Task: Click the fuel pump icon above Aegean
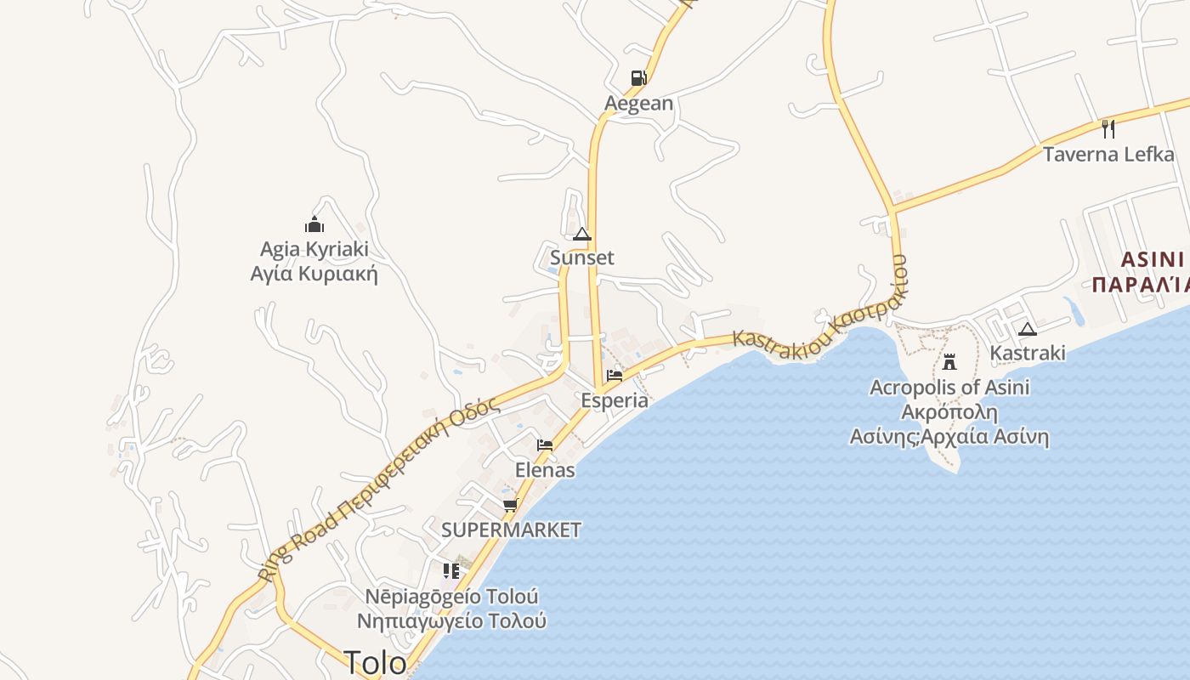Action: pos(638,78)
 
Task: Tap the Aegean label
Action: pos(638,104)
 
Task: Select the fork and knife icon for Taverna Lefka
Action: pos(1108,128)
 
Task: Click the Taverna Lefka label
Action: pos(1108,155)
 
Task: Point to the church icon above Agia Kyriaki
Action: pos(314,224)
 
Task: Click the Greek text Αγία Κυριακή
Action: pos(314,274)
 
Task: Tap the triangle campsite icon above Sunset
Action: pos(582,234)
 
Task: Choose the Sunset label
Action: pos(582,258)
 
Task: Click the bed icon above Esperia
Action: pos(615,376)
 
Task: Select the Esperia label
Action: pos(615,400)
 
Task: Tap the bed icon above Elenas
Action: pos(545,445)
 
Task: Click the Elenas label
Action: pos(545,470)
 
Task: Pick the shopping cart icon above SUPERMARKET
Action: pos(510,505)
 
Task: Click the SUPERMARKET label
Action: pos(511,530)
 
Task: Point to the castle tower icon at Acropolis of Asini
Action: pos(949,362)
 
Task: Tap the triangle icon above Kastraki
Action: pos(1027,329)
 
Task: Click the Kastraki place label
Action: pos(1028,353)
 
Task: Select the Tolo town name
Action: pos(375,662)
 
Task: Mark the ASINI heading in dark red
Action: pos(1152,259)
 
